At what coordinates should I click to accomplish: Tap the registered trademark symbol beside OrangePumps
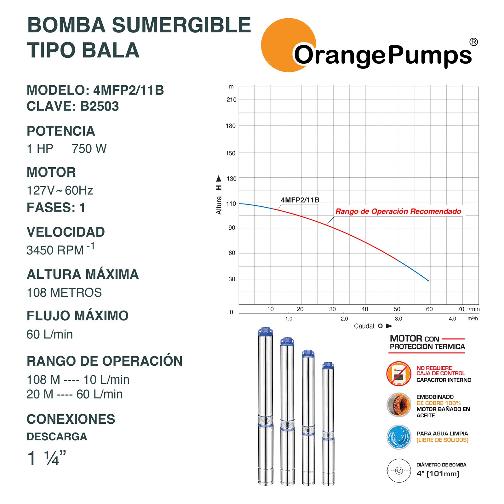click(473, 42)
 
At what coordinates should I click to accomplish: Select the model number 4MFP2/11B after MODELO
click(129, 90)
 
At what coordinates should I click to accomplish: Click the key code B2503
click(99, 106)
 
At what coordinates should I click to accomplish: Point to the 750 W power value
click(89, 149)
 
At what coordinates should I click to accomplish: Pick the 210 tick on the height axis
click(231, 100)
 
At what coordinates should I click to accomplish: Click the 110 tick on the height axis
click(231, 204)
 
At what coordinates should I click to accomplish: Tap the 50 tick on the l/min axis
click(397, 309)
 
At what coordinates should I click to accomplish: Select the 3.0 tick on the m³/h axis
click(398, 318)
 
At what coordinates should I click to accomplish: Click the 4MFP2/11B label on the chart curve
click(300, 200)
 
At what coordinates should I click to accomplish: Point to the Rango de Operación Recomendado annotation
click(398, 211)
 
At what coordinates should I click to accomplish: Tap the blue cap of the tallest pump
click(266, 332)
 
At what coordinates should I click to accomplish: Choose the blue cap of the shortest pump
click(328, 366)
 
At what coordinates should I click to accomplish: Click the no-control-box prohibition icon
click(399, 374)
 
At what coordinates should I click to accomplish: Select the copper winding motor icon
click(399, 405)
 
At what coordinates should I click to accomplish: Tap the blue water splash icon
click(399, 437)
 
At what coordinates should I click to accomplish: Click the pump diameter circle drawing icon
click(399, 471)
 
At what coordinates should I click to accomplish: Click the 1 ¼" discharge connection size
click(47, 458)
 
